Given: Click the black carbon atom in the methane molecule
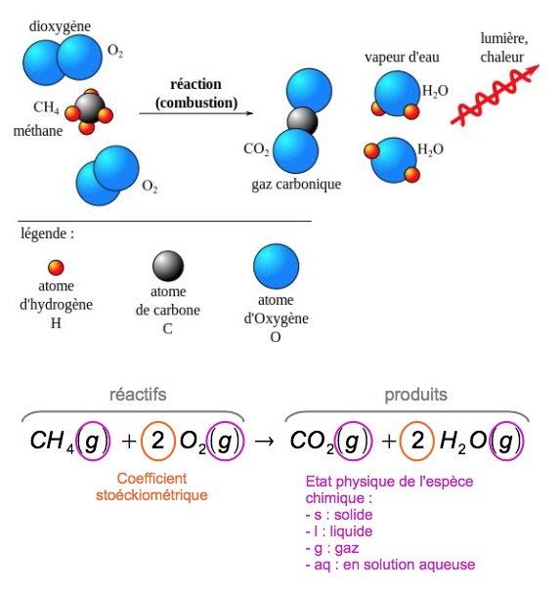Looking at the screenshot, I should (90, 108).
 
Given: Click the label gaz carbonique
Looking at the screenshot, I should (295, 184).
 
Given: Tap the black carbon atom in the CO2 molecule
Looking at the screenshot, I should (301, 121).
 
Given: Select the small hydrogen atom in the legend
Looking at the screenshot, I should (56, 266).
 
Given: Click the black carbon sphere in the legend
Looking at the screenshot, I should (167, 265).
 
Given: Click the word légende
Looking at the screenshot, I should (47, 234).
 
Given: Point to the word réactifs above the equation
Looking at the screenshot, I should (137, 395).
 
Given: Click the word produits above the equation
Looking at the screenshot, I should (415, 395).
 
